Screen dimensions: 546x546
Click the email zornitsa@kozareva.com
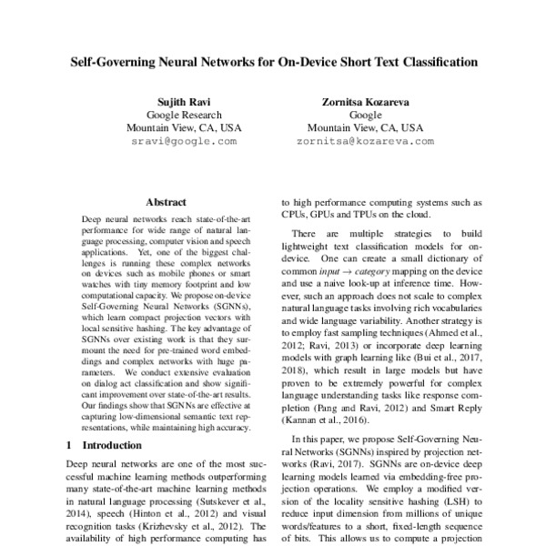[x=366, y=142]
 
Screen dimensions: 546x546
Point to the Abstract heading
[x=166, y=202]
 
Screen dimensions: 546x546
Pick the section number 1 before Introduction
[x=72, y=445]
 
